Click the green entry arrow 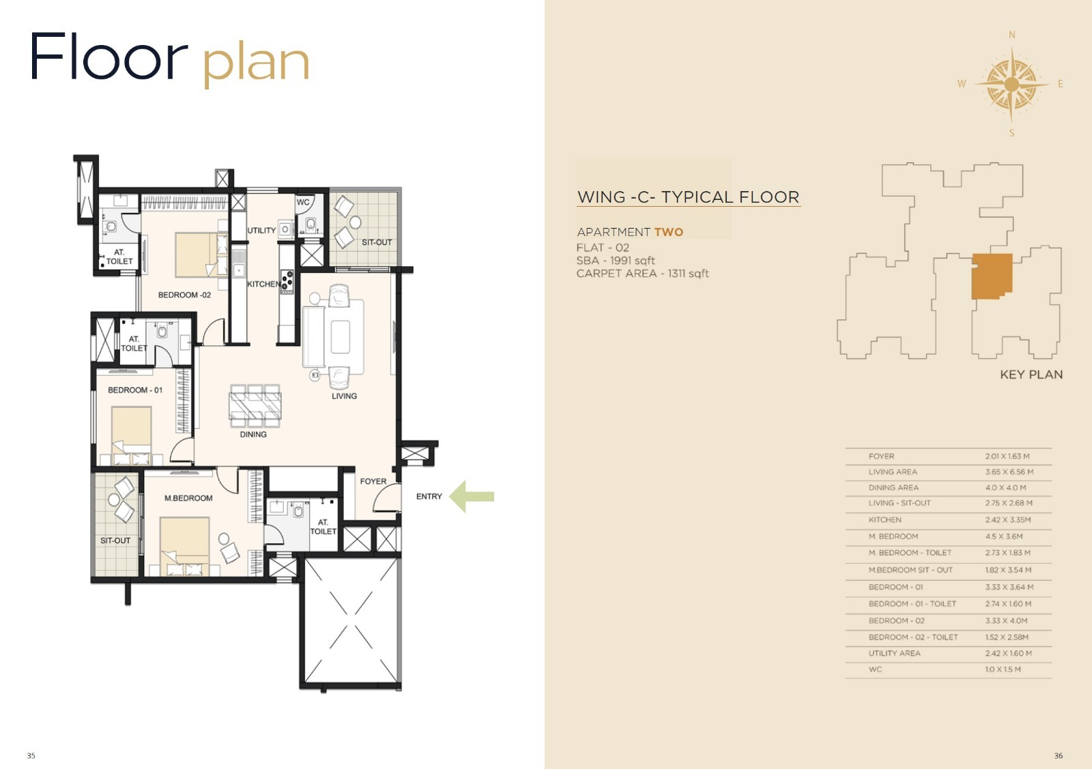[x=471, y=497]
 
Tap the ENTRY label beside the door [x=429, y=497]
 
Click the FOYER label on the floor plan [x=373, y=482]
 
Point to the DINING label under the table [x=253, y=434]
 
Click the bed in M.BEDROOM [x=185, y=547]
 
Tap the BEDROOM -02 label [x=184, y=295]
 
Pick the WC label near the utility [x=303, y=202]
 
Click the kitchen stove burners [x=287, y=282]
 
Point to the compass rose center [x=1011, y=85]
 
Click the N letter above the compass [x=1012, y=35]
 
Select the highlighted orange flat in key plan [x=992, y=276]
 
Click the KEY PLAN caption [x=1031, y=375]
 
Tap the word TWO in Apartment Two [x=669, y=232]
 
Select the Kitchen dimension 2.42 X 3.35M [x=1007, y=520]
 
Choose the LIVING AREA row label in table [x=893, y=471]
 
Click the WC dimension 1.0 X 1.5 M [x=1003, y=669]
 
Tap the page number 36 [x=1059, y=756]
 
